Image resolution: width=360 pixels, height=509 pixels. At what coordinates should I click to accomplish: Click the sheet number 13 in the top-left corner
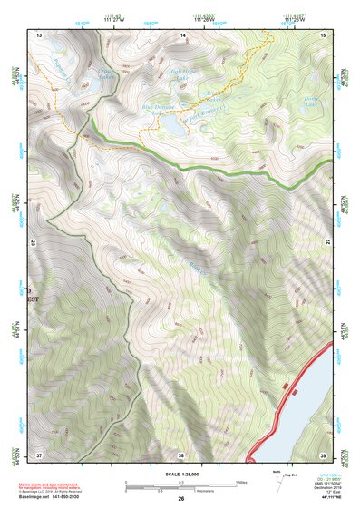39,34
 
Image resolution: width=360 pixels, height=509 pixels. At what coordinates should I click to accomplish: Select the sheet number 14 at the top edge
182,34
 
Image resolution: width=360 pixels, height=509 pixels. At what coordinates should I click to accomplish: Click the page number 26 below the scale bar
181,498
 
